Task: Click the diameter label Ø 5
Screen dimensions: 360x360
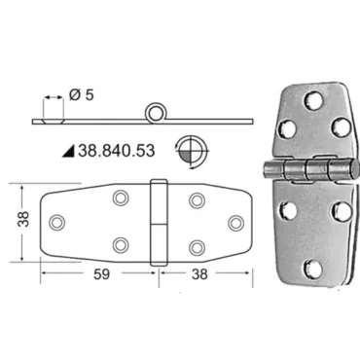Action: (85, 95)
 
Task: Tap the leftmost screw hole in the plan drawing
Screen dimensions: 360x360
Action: (57, 222)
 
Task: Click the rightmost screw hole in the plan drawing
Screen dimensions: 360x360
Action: (234, 222)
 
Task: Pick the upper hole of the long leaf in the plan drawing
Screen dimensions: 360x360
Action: (120, 199)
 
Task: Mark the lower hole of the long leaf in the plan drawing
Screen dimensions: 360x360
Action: (120, 244)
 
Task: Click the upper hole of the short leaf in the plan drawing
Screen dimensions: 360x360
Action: (198, 200)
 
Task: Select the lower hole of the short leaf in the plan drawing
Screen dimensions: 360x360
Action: (198, 244)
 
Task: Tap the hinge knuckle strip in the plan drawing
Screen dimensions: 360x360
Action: (159, 222)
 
